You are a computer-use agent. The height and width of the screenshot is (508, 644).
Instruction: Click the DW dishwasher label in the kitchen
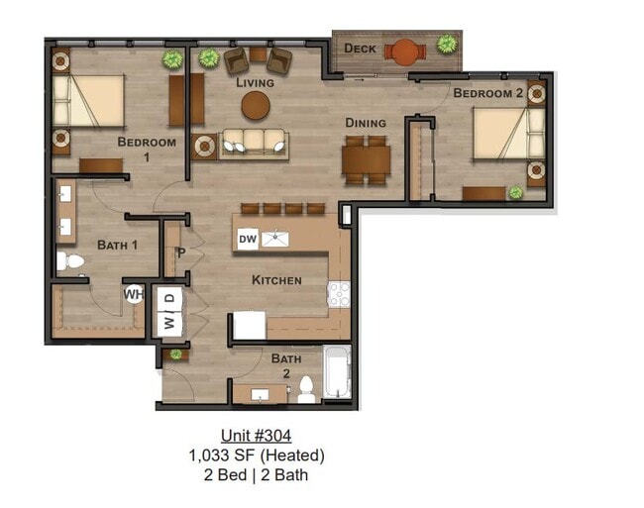(248, 239)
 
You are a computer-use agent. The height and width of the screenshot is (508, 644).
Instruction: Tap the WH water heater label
(134, 294)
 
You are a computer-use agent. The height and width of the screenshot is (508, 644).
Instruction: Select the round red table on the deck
(404, 51)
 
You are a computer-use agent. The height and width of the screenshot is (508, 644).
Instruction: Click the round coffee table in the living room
(256, 106)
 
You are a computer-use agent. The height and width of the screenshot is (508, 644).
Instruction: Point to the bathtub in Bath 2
(338, 373)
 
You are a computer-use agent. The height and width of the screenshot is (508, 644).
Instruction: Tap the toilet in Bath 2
(307, 389)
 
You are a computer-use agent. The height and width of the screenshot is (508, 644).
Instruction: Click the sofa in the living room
(255, 145)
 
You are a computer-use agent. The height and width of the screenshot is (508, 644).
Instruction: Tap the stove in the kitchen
(339, 294)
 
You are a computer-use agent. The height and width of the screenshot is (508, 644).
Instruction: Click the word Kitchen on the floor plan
(276, 280)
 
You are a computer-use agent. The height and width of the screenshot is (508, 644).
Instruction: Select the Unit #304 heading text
(256, 436)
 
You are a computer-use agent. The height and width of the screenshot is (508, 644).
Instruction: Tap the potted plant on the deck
(447, 45)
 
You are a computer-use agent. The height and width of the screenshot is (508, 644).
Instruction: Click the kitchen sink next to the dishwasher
(276, 239)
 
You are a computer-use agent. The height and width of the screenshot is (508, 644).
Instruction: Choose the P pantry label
(181, 252)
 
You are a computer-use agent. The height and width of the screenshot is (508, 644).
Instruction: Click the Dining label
(365, 123)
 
